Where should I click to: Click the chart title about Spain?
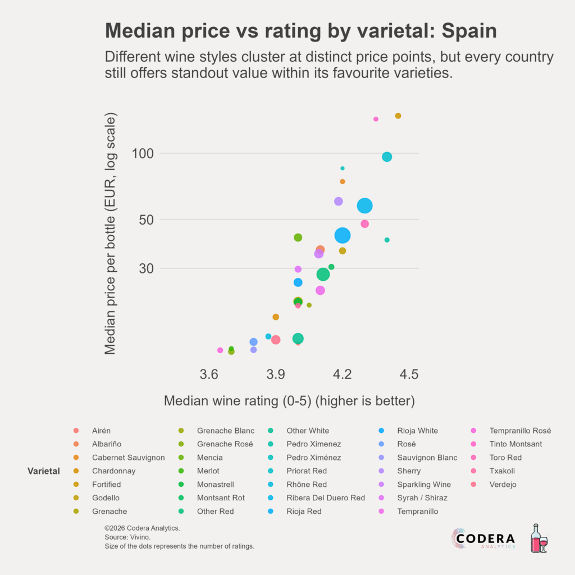point(300,31)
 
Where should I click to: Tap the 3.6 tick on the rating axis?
point(209,375)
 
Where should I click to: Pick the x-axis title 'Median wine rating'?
point(289,401)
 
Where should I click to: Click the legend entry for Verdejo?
point(503,485)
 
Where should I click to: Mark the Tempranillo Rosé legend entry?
point(520,431)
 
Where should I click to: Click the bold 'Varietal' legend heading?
point(44,471)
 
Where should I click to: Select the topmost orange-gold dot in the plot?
point(398,116)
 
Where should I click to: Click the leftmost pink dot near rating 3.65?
point(220,350)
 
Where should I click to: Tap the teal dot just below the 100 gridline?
point(387,157)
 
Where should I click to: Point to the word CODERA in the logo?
point(486,538)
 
